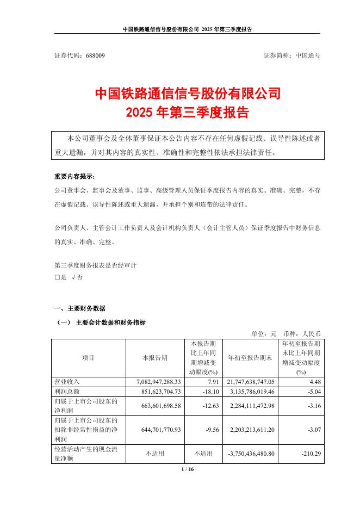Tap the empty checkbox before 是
click(x=57, y=277)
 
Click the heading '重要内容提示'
click(x=75, y=177)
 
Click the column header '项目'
click(x=88, y=358)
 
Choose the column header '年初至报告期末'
click(x=250, y=358)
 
